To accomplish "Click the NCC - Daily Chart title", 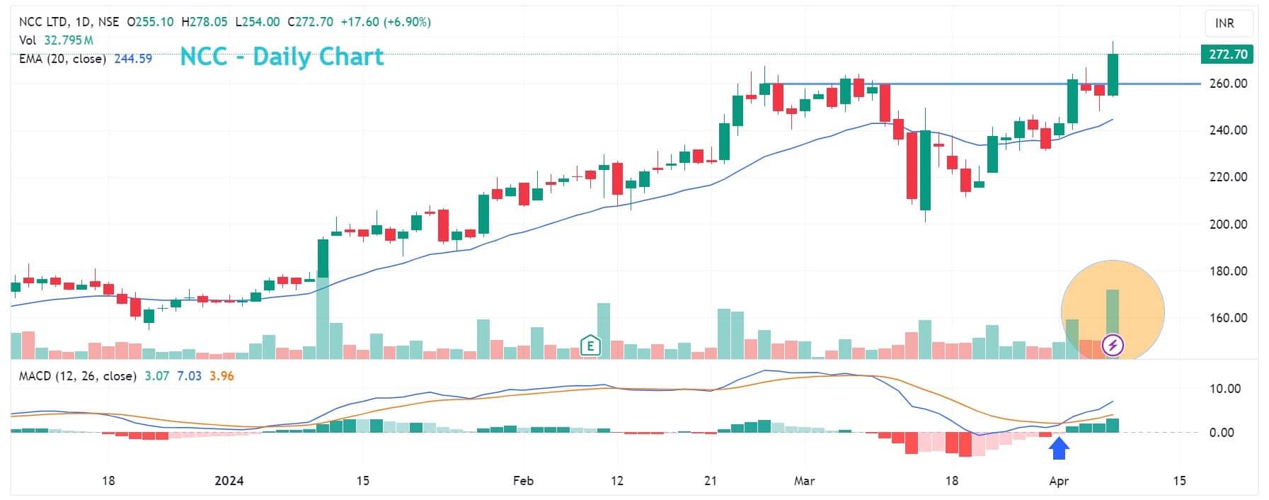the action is click(282, 56).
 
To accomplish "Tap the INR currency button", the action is click(1224, 23).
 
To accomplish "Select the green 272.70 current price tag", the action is click(1227, 55).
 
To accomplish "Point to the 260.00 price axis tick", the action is click(1228, 84).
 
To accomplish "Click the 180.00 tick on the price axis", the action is click(1228, 271).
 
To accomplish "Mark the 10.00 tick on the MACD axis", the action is click(1224, 388).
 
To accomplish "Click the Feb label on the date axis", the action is click(523, 481).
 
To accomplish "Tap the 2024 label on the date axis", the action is click(229, 481).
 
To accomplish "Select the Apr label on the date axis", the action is click(1058, 481).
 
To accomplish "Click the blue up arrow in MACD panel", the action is click(1058, 448).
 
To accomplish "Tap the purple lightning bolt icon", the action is click(1113, 346).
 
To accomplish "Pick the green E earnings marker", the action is click(590, 346).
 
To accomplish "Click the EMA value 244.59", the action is click(133, 59).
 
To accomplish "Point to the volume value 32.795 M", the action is click(69, 40).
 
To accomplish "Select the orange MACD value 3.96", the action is click(222, 376).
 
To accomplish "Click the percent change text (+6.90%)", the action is click(407, 22).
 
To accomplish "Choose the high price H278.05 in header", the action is click(205, 22).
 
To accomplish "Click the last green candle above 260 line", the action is click(1113, 74).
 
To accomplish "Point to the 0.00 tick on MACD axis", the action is click(1222, 432).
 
